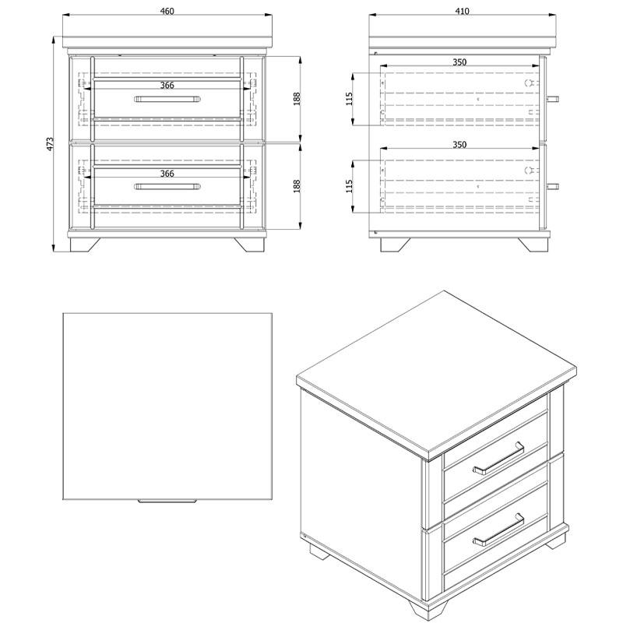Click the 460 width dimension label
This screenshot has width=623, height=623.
point(167,11)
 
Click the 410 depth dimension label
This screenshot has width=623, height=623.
point(462,11)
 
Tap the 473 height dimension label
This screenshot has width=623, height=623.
point(50,144)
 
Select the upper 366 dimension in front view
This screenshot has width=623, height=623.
point(167,85)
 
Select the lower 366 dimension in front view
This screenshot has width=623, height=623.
point(167,174)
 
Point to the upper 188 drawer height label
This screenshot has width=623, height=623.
point(297,99)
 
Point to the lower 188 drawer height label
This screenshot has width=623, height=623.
point(297,186)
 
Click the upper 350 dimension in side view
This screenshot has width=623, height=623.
point(459,62)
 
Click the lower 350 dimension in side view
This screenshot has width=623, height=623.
point(459,145)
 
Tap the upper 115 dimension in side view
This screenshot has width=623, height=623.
point(349,99)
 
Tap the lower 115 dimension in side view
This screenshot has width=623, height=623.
point(349,186)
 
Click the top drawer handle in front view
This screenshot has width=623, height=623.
point(167,99)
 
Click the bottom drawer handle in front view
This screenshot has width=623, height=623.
point(167,187)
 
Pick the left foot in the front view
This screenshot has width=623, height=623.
point(85,245)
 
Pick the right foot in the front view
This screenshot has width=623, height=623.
point(249,245)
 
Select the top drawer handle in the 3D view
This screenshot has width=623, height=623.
point(498,458)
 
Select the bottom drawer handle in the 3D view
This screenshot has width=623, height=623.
point(498,530)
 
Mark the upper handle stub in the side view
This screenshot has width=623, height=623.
point(553,99)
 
